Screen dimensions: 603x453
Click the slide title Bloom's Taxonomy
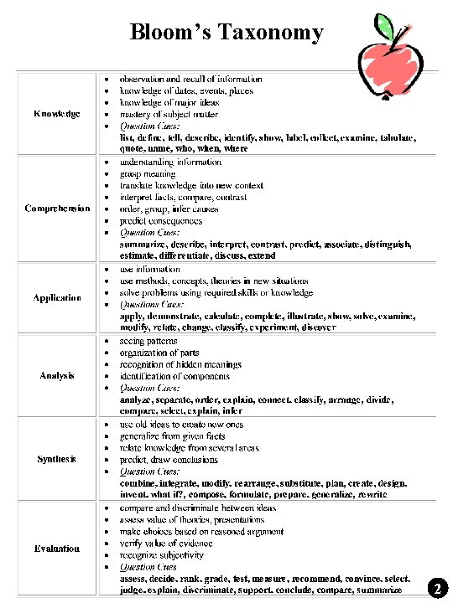[x=226, y=32]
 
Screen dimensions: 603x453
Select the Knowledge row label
[x=57, y=113]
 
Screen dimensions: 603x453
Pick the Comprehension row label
[x=57, y=209]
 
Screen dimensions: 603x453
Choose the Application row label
[x=57, y=298]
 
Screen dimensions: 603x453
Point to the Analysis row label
[x=57, y=375]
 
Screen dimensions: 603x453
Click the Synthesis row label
[x=57, y=459]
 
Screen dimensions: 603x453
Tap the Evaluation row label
[x=57, y=549]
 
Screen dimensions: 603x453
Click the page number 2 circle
[x=436, y=588]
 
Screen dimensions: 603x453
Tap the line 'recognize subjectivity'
[x=161, y=554]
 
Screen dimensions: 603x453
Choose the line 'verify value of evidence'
[x=166, y=543]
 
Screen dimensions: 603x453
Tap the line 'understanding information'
[x=170, y=162]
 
